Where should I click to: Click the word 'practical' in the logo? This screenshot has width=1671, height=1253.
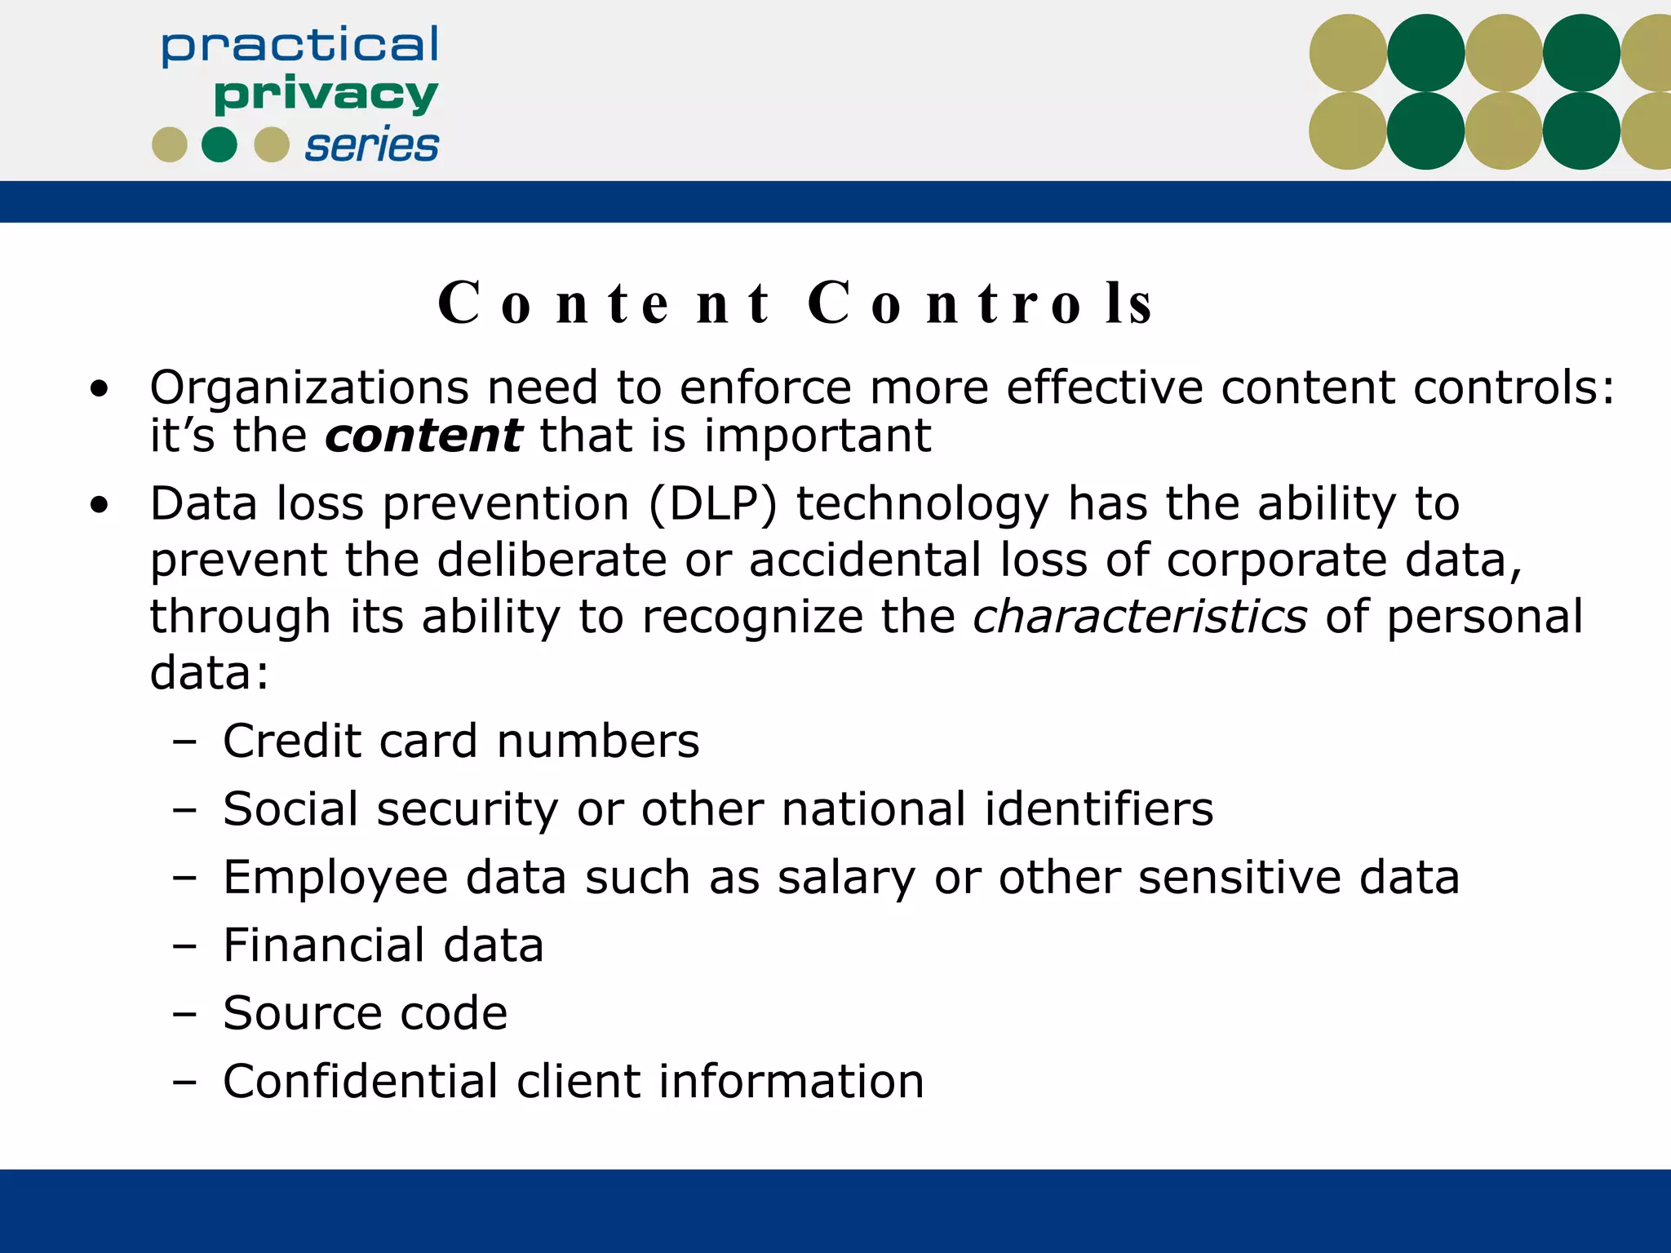299,46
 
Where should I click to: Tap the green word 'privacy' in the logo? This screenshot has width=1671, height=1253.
326,95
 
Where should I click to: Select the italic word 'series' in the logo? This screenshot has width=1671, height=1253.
371,146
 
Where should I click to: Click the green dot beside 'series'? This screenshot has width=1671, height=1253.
219,145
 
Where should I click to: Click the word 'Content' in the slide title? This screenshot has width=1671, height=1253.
603,303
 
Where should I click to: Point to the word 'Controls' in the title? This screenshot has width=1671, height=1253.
980,303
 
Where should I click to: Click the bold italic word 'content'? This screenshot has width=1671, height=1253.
423,436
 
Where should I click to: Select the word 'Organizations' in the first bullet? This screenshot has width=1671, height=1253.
309,387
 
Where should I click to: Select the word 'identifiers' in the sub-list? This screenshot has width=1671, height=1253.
1099,809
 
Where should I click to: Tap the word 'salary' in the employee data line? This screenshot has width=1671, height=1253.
846,878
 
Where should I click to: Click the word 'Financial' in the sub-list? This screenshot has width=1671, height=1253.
324,945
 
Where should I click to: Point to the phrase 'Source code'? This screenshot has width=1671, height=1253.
365,1013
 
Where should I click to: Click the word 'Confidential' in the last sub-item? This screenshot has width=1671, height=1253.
360,1082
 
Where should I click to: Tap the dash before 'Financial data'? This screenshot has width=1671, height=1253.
185,946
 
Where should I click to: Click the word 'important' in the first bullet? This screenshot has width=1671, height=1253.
817,436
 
